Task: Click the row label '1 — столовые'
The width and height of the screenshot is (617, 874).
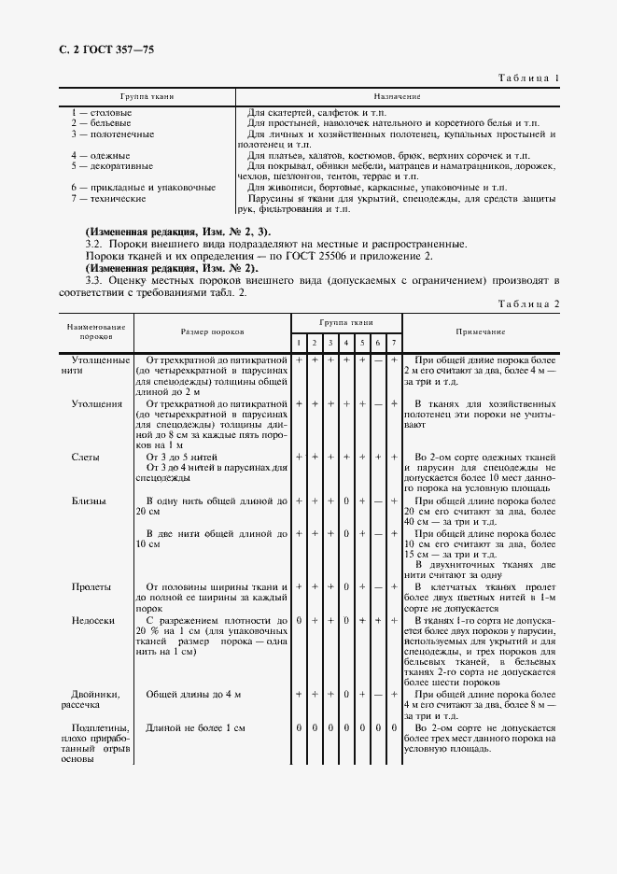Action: coord(101,112)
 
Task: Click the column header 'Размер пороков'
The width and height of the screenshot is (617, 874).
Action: coord(213,331)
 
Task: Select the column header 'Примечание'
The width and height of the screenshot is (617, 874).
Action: coord(481,331)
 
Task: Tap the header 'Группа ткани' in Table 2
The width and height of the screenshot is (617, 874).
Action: coord(346,321)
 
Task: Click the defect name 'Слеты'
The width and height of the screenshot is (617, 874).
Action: coord(87,457)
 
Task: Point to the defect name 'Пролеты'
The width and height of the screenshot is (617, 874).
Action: coord(91,586)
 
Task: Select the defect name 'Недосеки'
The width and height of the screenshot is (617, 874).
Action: coord(94,619)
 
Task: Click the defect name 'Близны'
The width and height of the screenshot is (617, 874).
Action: coord(90,501)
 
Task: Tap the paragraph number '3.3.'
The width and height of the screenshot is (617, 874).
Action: coord(93,279)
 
